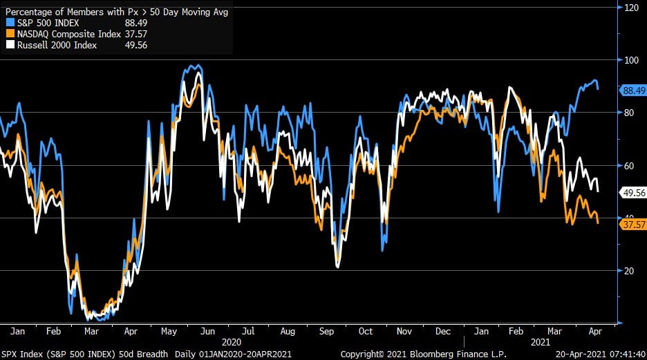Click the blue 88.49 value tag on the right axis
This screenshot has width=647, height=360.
point(633,90)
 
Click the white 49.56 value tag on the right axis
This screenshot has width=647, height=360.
point(633,193)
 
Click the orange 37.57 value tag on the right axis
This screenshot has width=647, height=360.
point(633,225)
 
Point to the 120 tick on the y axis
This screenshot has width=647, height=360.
point(631,8)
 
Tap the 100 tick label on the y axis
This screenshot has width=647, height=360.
point(631,60)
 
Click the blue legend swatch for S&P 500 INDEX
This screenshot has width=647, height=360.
point(9,22)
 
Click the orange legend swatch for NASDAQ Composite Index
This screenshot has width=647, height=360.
point(9,34)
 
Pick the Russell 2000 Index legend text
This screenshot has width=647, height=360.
point(57,45)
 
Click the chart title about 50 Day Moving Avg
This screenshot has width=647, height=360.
point(115,10)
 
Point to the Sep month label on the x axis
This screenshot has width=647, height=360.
point(326,331)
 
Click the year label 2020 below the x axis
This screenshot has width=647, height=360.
point(232,341)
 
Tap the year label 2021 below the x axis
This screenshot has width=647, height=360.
point(541,341)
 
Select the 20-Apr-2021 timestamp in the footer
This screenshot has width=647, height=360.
point(579,354)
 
